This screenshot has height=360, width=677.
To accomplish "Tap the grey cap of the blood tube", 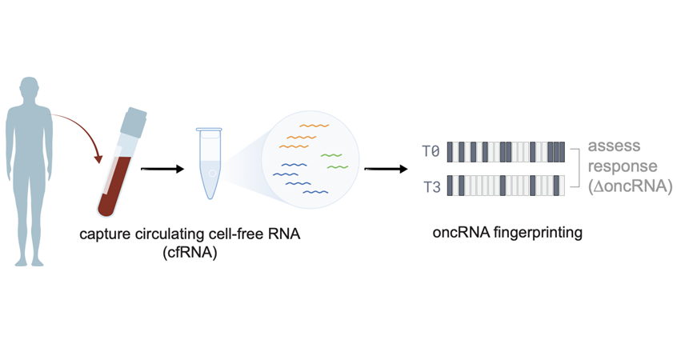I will (x=134, y=121).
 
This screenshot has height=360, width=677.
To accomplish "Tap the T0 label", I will (x=431, y=150).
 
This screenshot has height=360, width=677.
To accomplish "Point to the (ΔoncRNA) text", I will (x=628, y=186).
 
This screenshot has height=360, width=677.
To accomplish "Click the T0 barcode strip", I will (x=506, y=151).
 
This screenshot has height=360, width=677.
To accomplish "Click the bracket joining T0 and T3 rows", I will (x=575, y=168).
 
